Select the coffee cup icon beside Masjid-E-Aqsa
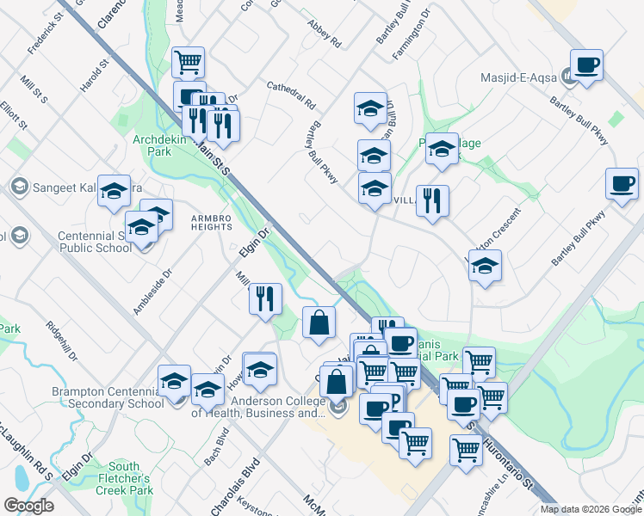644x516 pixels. tap(586, 65)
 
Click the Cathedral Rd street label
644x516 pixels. tap(292, 95)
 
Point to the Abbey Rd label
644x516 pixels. tap(324, 37)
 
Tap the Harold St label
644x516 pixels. tap(96, 76)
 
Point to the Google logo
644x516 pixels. tap(28, 506)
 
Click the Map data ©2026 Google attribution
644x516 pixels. tap(590, 509)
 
